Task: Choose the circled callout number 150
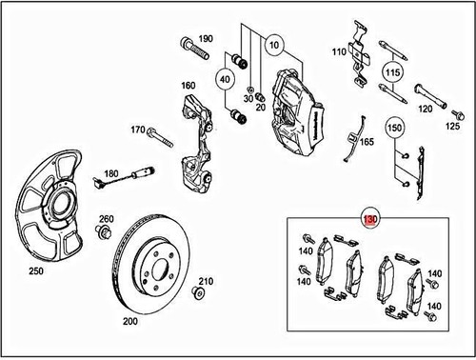(393, 126)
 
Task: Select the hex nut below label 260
(105, 232)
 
